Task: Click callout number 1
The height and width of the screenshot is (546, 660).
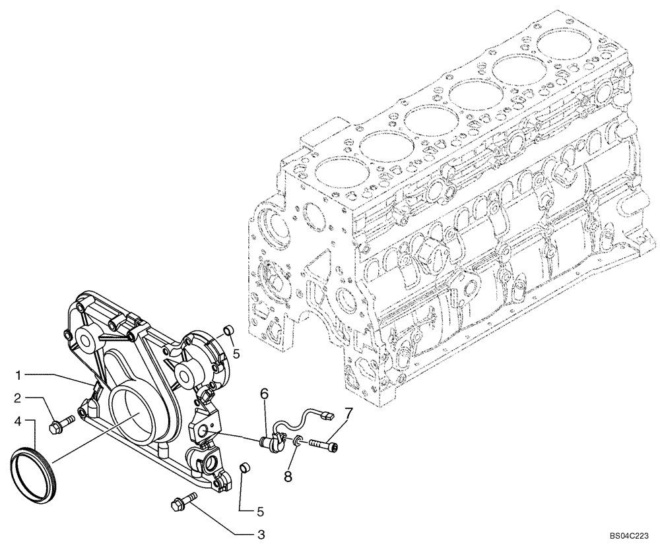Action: (20, 375)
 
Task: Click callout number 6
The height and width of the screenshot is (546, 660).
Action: (263, 394)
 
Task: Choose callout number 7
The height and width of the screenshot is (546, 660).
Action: (348, 413)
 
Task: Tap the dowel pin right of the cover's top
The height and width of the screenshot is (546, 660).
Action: (228, 329)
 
